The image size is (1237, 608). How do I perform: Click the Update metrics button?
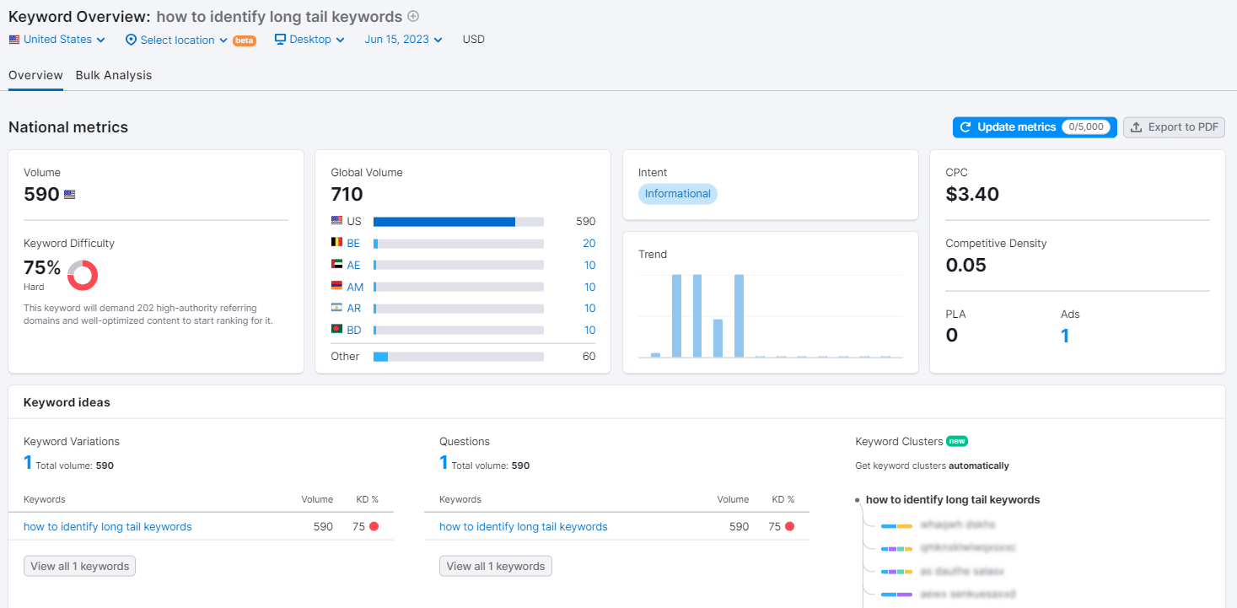[x=1034, y=127]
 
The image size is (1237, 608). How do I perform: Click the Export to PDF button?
[x=1174, y=127]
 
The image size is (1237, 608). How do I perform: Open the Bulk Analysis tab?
[x=114, y=75]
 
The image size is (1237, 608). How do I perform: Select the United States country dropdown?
[x=57, y=40]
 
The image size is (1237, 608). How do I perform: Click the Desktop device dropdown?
[x=309, y=40]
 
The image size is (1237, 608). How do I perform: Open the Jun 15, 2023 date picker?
[x=403, y=40]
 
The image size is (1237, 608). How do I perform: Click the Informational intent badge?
[x=678, y=194]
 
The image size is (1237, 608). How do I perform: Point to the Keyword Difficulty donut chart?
[x=83, y=275]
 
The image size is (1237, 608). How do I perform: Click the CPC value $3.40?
[x=972, y=195]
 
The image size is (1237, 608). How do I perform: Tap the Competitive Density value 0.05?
[x=965, y=266]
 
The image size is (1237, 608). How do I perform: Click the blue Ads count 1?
[x=1065, y=336]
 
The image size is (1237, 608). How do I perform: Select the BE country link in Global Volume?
[x=353, y=244]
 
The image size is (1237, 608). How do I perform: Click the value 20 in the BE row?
[x=589, y=244]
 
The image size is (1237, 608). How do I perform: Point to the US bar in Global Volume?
[x=444, y=222]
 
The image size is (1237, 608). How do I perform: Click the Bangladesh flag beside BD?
[x=337, y=330]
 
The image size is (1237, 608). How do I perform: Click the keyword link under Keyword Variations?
[x=108, y=527]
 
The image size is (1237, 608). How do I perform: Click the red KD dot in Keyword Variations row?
[x=374, y=527]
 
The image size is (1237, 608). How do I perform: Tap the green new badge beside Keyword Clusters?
[x=956, y=441]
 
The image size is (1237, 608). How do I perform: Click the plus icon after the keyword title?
[x=413, y=16]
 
